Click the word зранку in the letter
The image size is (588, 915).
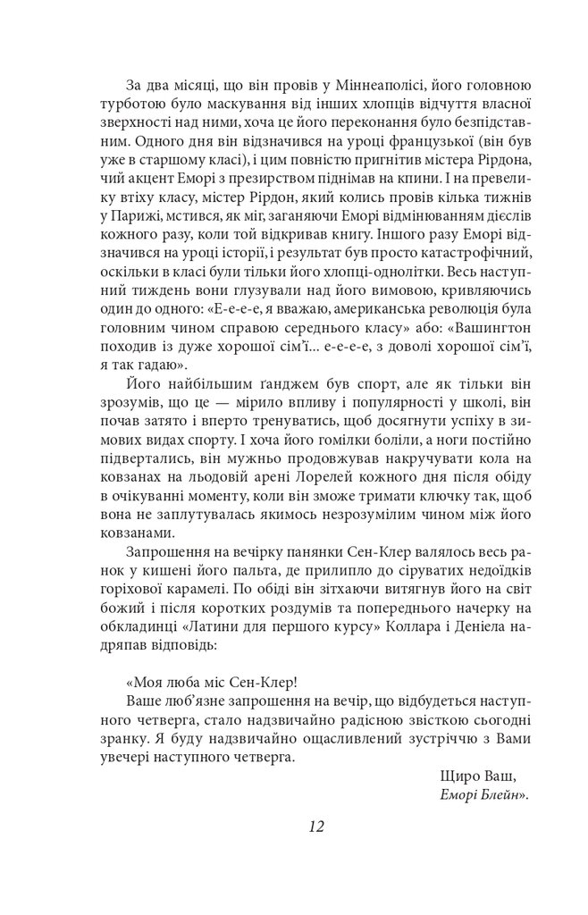tap(126, 742)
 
